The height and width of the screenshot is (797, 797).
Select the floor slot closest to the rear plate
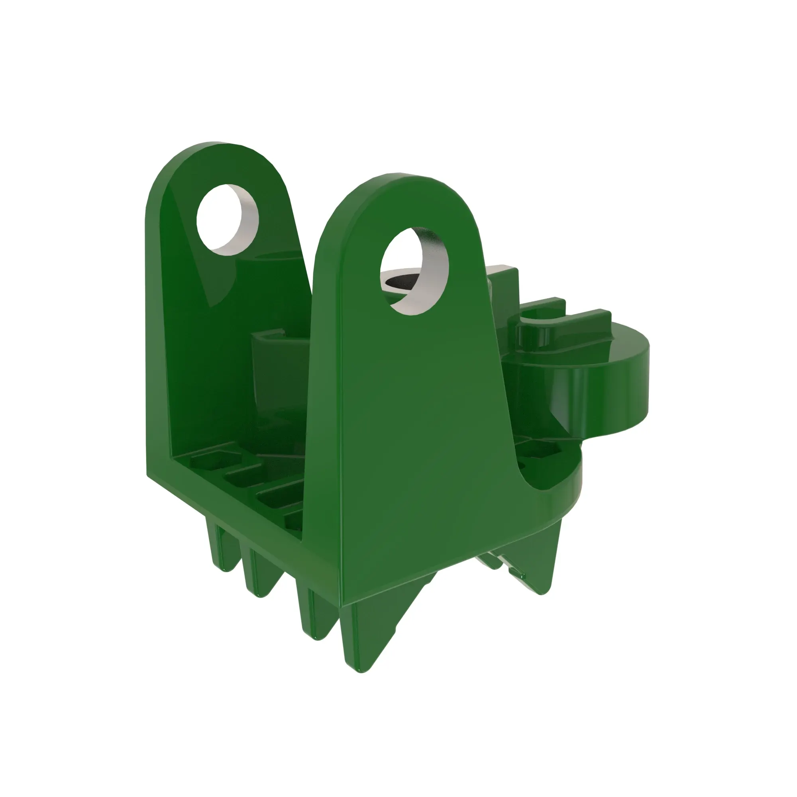tap(210, 460)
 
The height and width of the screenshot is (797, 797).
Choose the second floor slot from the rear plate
tap(243, 479)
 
